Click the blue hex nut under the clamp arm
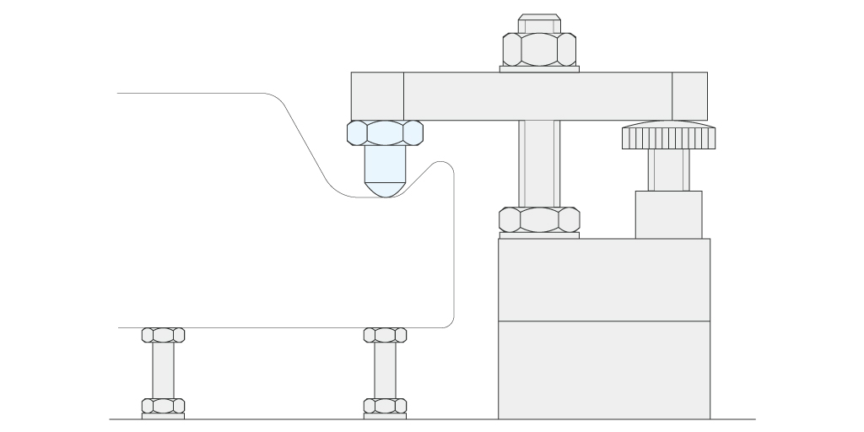385,132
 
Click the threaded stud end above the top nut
539,24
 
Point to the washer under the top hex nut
539,69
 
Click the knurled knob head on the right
668,137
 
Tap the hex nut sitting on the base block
539,219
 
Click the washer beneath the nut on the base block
539,235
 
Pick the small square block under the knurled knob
668,214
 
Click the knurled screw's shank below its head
668,170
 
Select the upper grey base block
603,279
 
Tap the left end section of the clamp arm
377,95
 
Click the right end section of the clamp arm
689,95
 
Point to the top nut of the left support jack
163,335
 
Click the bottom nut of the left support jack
163,405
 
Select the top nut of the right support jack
385,335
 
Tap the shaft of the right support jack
385,370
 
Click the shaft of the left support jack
163,370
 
